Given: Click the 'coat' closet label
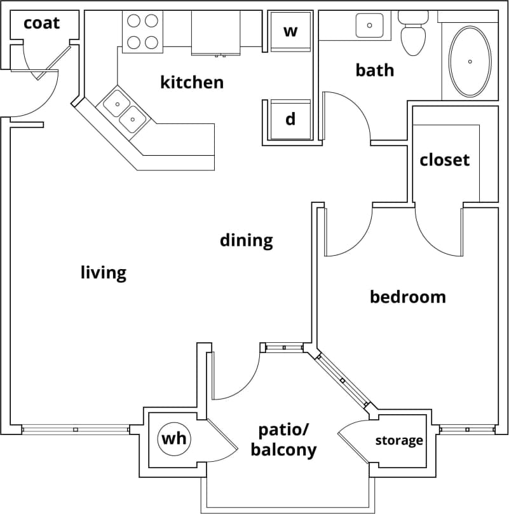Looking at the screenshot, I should pos(41,24).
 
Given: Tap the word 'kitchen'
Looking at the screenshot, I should pos(191,82).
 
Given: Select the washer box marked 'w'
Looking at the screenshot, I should pos(290,31).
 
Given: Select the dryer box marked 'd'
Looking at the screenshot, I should pos(290,119).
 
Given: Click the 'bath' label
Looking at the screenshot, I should pos(374,70).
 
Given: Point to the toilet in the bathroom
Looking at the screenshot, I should pos(413,33).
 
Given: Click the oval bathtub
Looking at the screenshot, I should pos(470,61).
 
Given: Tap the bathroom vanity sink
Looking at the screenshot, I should pos(369,26).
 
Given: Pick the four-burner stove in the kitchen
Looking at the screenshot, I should pos(142,31).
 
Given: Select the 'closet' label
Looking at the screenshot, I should pos(444,160).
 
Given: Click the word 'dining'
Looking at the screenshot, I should pos(246,240).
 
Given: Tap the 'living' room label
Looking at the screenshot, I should pos(103,273).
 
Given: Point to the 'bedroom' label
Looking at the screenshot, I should pos(407,296).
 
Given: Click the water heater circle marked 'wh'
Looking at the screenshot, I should pos(173,438).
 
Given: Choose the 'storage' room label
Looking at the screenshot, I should pos(398,440).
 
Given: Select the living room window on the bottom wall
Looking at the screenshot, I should pos(75,430).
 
